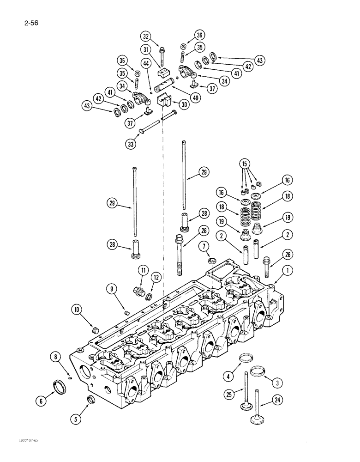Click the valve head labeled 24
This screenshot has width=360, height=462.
point(255,420)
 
